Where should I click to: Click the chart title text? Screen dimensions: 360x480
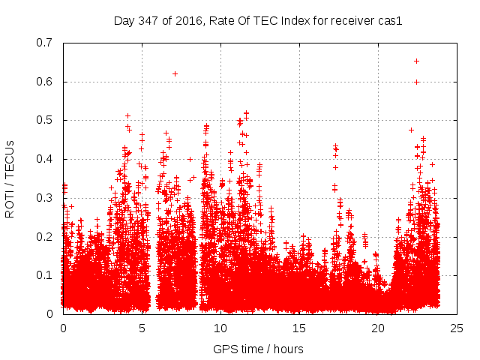259,20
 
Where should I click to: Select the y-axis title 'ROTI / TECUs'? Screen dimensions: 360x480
10,178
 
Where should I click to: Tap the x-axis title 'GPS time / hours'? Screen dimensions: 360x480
259,349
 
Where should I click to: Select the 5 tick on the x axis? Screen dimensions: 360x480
142,328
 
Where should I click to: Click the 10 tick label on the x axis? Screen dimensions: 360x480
220,328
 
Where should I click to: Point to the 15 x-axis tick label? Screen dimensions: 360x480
299,328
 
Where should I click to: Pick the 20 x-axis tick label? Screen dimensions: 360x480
378,328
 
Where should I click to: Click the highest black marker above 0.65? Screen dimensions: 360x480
416,61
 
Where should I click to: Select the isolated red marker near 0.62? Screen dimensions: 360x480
175,73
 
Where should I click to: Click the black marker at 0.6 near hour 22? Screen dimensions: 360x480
416,82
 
